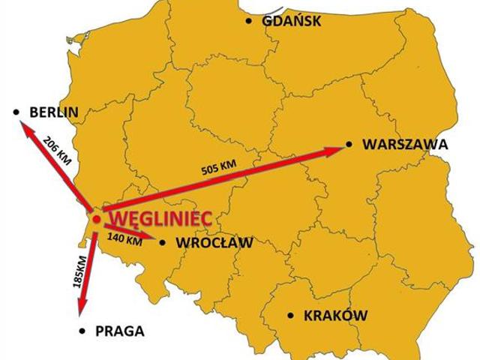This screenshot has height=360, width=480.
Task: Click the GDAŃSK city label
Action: point(292,21)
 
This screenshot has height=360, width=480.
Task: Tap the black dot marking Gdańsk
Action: point(249,21)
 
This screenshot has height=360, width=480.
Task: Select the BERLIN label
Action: point(54,112)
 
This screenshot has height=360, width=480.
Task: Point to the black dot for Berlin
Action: point(16,112)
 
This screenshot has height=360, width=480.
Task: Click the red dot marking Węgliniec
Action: point(96,218)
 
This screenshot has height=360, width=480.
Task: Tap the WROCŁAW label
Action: point(214,242)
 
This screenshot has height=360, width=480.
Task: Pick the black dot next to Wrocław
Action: point(162,241)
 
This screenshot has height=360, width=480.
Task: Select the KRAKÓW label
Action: point(335,316)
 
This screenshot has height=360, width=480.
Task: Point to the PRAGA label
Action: point(119,331)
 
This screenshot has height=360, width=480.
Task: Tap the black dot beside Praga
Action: point(82,331)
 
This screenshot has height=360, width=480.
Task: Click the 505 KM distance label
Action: point(217,168)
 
